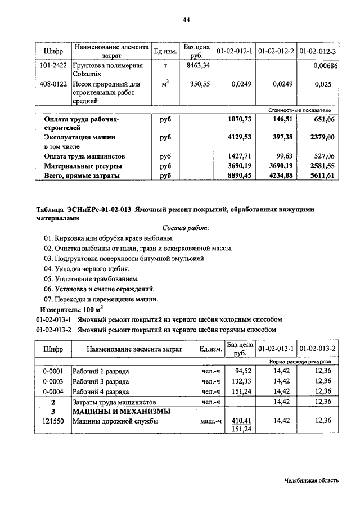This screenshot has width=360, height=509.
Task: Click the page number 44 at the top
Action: coord(186,21)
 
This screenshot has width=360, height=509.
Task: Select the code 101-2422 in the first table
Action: coord(53,66)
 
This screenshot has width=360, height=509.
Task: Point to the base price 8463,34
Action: coord(198,66)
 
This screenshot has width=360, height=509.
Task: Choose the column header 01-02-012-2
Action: coord(277,52)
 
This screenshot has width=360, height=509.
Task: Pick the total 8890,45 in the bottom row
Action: coord(237,175)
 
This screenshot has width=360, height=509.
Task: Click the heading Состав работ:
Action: coord(186,228)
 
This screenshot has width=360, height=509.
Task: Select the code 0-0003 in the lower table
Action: coord(53,381)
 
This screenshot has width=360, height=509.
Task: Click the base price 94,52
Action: coord(242,372)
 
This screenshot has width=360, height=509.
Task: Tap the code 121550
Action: coord(53,421)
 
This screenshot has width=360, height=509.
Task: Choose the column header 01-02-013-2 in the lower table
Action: coord(318,349)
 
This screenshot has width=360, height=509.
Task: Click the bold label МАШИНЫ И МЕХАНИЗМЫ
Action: coord(121,412)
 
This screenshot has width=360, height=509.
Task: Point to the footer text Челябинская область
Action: coord(311,480)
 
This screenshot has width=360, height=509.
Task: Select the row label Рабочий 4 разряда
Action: coord(101,391)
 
